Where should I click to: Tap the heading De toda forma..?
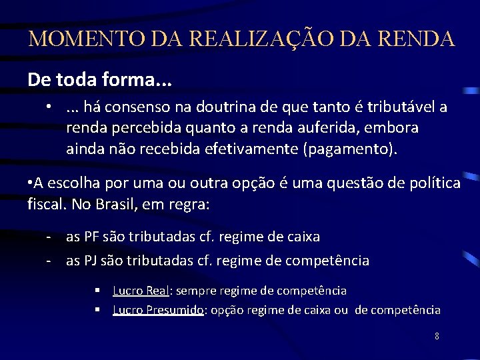click(99, 80)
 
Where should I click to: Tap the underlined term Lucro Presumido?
click(157, 310)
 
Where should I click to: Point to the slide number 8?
click(437, 336)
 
